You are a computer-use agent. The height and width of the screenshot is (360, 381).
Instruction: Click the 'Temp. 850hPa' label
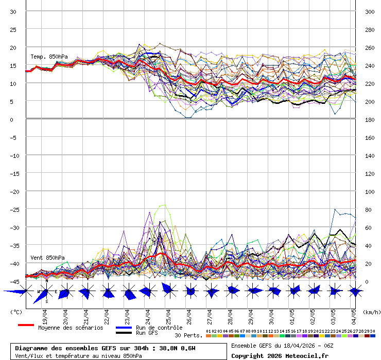[49, 57]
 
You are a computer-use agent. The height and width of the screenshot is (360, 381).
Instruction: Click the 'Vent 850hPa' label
[47, 257]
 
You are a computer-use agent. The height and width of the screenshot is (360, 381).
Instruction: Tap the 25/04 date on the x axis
[168, 315]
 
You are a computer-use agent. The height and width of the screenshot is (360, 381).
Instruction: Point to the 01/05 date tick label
[292, 315]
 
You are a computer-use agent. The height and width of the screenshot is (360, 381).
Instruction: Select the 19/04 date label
[45, 315]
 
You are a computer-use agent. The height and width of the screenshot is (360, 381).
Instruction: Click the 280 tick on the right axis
[370, 29]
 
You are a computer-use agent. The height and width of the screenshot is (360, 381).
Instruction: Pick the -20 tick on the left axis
[13, 191]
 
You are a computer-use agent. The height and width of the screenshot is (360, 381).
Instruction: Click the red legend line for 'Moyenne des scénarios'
[26, 325]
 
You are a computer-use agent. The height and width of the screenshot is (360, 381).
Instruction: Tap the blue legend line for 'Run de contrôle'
[124, 328]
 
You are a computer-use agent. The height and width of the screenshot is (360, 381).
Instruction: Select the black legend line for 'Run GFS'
[124, 333]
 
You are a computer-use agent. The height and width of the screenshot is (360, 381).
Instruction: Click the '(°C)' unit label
[16, 312]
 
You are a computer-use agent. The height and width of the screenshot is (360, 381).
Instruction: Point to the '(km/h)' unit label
[371, 312]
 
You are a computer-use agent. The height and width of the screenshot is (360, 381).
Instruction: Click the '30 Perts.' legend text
[188, 335]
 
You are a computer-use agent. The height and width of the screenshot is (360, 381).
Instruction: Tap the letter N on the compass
[46, 281]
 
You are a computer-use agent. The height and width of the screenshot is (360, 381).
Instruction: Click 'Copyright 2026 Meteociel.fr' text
[280, 355]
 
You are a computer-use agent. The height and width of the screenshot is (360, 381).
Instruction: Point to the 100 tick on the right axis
[370, 191]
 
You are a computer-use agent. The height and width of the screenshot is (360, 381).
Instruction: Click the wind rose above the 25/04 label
[168, 291]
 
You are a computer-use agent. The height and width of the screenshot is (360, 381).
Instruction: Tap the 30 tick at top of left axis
[13, 11]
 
